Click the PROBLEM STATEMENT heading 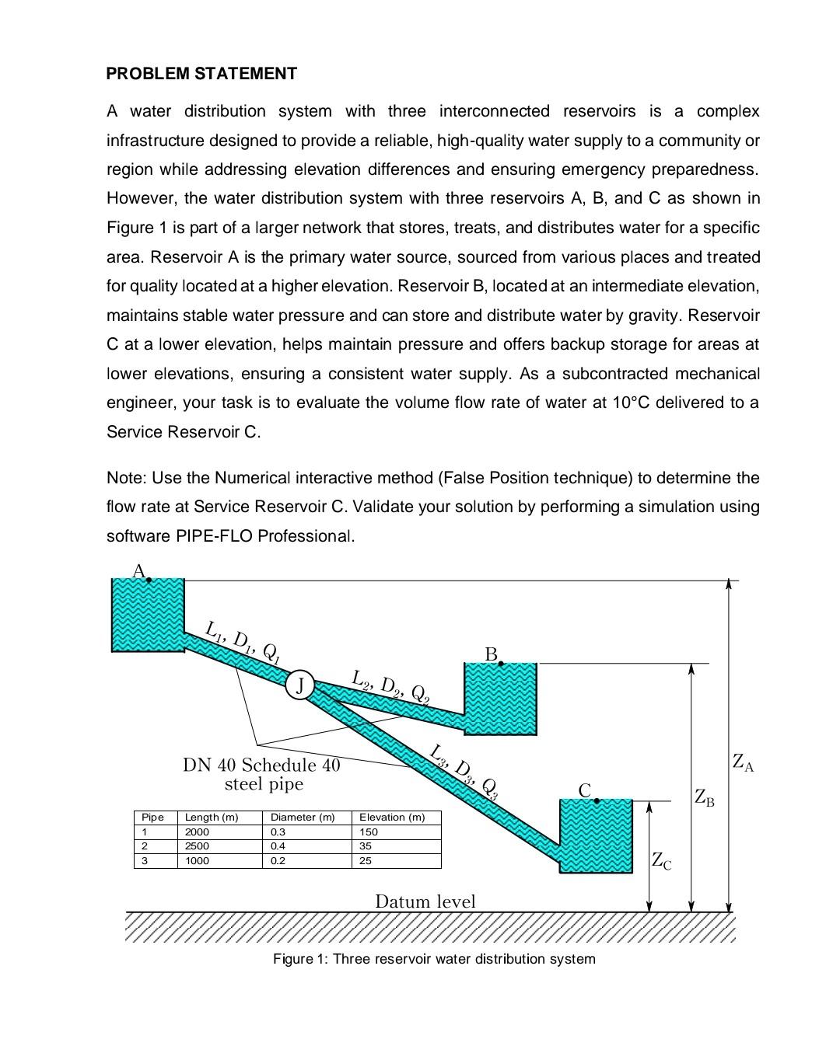tap(201, 74)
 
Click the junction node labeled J tap(299, 685)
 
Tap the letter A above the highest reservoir tap(138, 571)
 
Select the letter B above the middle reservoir tap(491, 655)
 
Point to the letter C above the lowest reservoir tap(585, 791)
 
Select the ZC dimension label tap(661, 861)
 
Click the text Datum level tap(425, 901)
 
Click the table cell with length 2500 tap(197, 846)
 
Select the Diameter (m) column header tap(303, 818)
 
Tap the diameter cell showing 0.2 tap(277, 861)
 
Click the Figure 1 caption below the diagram tap(434, 959)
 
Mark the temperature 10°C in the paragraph tap(622, 403)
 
